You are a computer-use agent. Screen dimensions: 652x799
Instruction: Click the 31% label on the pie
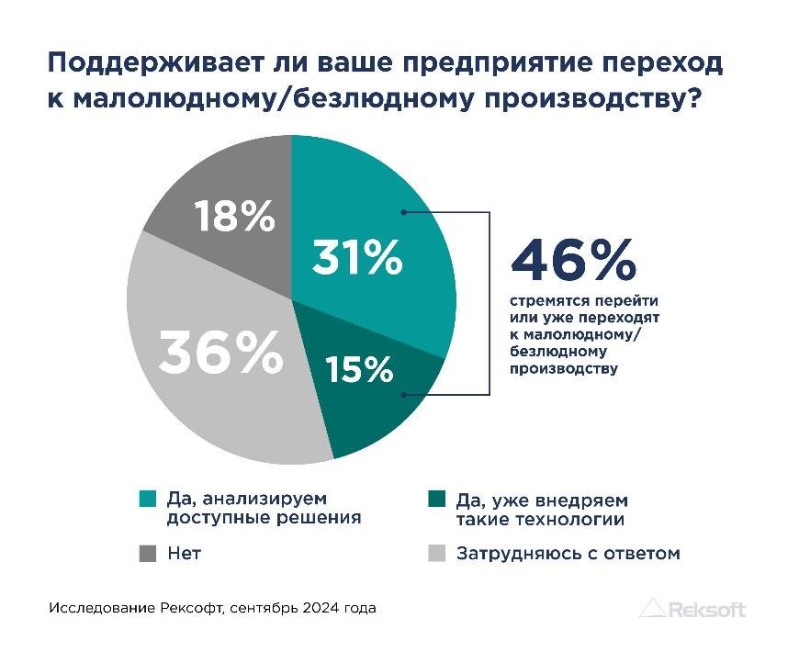(x=357, y=258)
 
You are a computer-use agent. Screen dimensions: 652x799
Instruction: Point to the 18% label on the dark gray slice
(x=234, y=218)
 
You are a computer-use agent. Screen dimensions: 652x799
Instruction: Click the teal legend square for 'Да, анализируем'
(x=146, y=500)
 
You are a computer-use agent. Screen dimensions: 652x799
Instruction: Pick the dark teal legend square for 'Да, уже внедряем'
(x=437, y=500)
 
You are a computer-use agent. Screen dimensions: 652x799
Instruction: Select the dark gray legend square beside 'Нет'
(x=146, y=553)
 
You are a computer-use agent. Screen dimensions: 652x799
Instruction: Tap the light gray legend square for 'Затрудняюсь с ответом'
(x=437, y=553)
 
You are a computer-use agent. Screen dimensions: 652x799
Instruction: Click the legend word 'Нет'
(x=185, y=553)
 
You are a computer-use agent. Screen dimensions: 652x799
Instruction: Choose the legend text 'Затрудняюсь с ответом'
(x=568, y=553)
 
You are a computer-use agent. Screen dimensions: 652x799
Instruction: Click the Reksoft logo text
(x=707, y=609)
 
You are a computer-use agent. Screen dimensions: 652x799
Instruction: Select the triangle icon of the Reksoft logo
(x=652, y=608)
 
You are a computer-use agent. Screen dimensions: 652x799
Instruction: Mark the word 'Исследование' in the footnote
(x=90, y=608)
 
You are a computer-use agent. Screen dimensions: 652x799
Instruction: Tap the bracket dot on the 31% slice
(x=405, y=211)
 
